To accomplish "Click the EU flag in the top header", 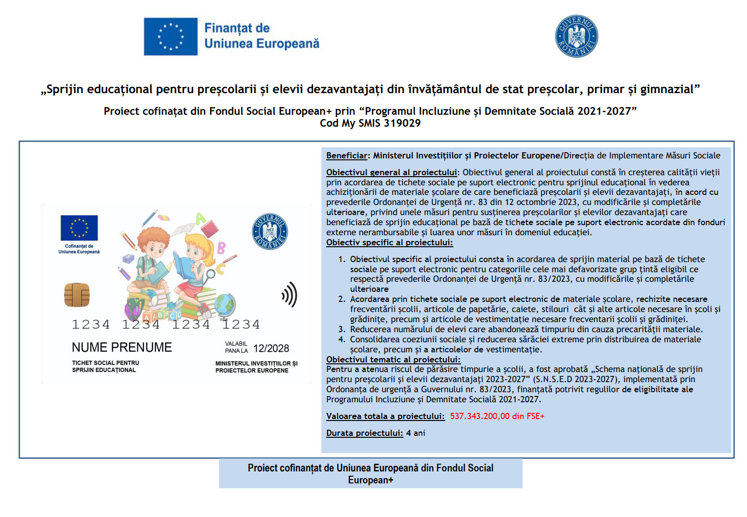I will pyautogui.click(x=171, y=36).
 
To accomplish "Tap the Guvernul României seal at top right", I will pyautogui.click(x=576, y=36).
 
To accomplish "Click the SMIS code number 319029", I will pyautogui.click(x=402, y=123).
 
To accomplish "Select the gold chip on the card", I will pyautogui.click(x=77, y=295).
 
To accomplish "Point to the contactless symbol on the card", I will pyautogui.click(x=290, y=294).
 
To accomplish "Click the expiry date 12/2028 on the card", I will pyautogui.click(x=271, y=349).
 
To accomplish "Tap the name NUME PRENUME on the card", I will pyautogui.click(x=122, y=347).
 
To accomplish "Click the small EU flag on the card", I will pyautogui.click(x=79, y=228).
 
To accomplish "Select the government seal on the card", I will pyautogui.click(x=269, y=231).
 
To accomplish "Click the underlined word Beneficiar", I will pyautogui.click(x=346, y=156).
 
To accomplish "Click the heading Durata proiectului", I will pyautogui.click(x=364, y=433).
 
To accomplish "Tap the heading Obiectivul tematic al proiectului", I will pyautogui.click(x=393, y=360).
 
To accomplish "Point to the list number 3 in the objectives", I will pyautogui.click(x=342, y=329).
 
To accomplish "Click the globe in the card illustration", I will pyautogui.click(x=224, y=304).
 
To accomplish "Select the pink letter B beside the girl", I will pyautogui.click(x=221, y=248).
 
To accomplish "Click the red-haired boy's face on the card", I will pyautogui.click(x=154, y=245).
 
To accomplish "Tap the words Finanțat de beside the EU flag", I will pyautogui.click(x=237, y=28).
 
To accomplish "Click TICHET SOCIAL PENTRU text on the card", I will pyautogui.click(x=105, y=363).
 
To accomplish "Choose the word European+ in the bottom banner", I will pyautogui.click(x=370, y=480).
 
